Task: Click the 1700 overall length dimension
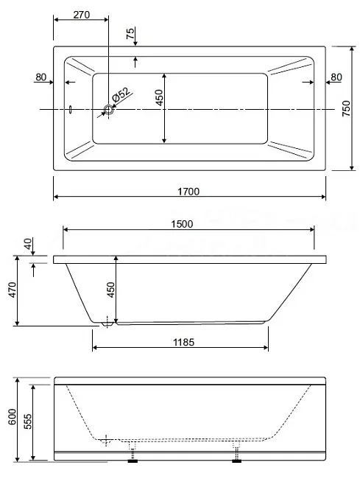coord(188,192)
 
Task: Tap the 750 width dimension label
coord(346,108)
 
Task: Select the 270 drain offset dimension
coord(82,14)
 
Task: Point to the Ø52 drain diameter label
coord(121,94)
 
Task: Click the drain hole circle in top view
coord(108,109)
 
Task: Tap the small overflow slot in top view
coord(71,110)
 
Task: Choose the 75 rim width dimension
coord(130,33)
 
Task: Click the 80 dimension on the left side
coord(41,77)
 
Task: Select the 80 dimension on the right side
coord(336,77)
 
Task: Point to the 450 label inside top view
coord(160,97)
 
